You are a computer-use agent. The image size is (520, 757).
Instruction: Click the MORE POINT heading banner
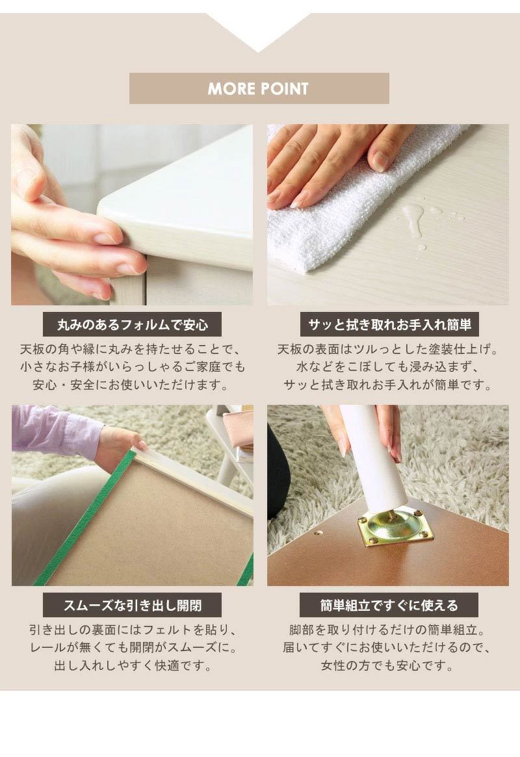[259, 88]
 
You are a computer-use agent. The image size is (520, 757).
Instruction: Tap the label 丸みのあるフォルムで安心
[133, 324]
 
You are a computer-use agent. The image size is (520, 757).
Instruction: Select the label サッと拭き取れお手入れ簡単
[389, 324]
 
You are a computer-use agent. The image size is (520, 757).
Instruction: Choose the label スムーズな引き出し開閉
[133, 605]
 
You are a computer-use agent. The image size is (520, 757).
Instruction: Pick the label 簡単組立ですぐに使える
[389, 605]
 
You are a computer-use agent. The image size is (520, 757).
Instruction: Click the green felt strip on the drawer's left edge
[85, 517]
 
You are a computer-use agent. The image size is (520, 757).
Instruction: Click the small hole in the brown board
[318, 534]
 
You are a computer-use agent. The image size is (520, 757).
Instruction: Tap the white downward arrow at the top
[259, 29]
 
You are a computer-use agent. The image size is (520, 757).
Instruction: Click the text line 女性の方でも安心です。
[388, 666]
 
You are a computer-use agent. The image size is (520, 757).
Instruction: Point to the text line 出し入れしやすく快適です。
[133, 666]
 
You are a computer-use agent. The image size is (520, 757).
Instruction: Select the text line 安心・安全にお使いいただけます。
[131, 385]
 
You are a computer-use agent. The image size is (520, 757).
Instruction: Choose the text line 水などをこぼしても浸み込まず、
[388, 367]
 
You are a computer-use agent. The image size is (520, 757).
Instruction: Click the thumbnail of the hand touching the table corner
[132, 215]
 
